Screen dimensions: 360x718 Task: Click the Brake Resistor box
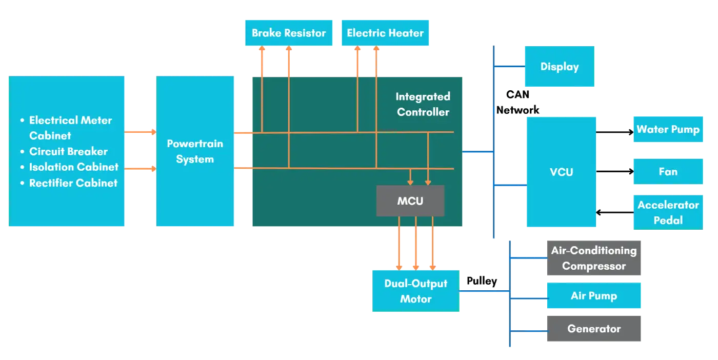click(289, 33)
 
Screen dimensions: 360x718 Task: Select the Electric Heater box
click(385, 33)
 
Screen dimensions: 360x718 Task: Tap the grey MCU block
click(410, 201)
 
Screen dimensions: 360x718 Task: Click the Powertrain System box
click(195, 151)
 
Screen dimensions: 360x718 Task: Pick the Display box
click(560, 67)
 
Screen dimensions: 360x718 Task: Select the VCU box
click(561, 172)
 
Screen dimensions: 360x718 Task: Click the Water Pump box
click(668, 129)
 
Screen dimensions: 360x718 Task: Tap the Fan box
click(668, 172)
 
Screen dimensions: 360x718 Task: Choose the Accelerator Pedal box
click(668, 212)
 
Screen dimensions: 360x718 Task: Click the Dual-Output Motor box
click(415, 291)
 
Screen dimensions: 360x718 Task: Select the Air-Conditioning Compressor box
click(593, 258)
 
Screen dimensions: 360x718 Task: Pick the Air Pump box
click(593, 296)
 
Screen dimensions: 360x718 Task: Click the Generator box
click(593, 329)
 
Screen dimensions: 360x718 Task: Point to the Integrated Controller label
click(423, 104)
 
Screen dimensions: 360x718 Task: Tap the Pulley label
click(482, 282)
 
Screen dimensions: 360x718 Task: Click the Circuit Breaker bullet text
click(68, 151)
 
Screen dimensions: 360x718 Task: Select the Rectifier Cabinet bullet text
click(73, 183)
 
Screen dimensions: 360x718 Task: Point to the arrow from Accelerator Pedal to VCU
click(614, 211)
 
